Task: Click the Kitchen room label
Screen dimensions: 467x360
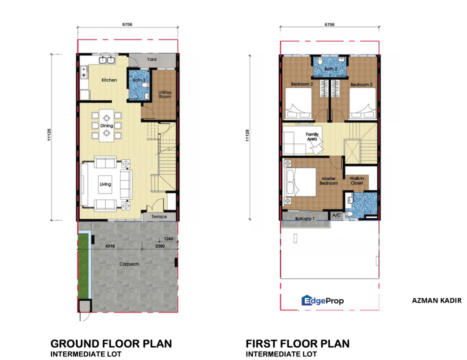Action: click(x=109, y=80)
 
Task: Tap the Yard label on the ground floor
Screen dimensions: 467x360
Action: click(x=151, y=59)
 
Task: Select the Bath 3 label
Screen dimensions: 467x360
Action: click(x=139, y=80)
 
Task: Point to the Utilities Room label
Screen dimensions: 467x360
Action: click(x=164, y=94)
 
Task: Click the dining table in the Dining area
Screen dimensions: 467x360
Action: click(x=106, y=125)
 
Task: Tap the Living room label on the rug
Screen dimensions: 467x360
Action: click(x=105, y=184)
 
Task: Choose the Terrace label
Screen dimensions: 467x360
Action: click(x=159, y=217)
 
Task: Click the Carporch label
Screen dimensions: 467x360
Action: click(x=129, y=264)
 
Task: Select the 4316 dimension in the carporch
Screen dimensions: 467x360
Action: click(x=110, y=246)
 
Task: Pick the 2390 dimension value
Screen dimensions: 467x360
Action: click(x=160, y=246)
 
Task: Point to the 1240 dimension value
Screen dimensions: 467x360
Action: click(x=168, y=239)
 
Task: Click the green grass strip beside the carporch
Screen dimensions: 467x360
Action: click(x=83, y=265)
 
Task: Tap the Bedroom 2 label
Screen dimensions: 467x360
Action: click(x=302, y=84)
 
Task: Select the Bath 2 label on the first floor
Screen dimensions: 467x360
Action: click(x=331, y=69)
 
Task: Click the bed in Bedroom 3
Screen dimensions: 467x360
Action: click(x=362, y=103)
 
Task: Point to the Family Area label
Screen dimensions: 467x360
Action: click(x=312, y=136)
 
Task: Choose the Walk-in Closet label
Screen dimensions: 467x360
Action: click(x=356, y=180)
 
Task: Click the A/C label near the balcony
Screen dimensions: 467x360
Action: click(x=336, y=215)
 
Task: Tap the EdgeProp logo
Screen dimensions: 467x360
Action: click(x=322, y=300)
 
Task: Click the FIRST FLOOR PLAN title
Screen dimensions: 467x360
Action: click(x=297, y=343)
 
